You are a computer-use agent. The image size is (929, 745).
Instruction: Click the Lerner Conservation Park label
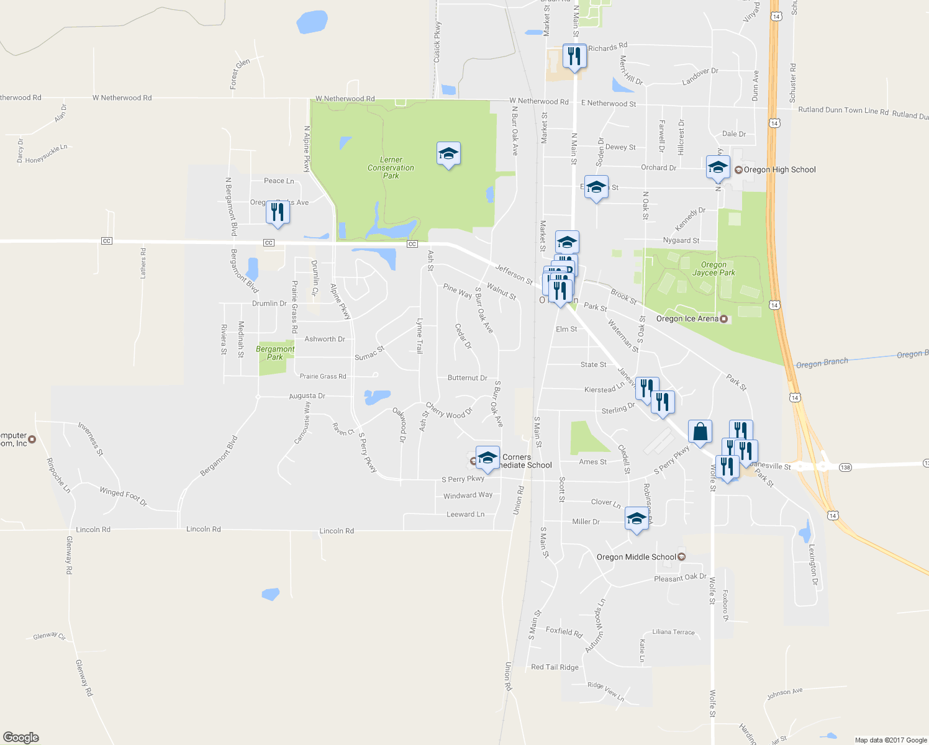(x=391, y=168)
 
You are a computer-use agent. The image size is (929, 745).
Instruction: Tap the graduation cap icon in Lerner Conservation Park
(x=448, y=154)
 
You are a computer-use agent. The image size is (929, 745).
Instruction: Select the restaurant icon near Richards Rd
(x=574, y=56)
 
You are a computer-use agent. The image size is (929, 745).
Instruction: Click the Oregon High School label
(x=779, y=169)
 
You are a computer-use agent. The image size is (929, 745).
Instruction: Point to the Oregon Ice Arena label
(x=687, y=318)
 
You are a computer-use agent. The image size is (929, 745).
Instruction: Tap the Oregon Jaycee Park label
(x=714, y=269)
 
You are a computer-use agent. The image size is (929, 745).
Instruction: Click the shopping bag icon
(x=700, y=431)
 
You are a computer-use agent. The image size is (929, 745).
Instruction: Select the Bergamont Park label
(x=275, y=353)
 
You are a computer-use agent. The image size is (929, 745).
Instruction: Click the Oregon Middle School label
(x=636, y=557)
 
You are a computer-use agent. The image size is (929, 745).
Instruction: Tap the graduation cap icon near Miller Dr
(x=637, y=519)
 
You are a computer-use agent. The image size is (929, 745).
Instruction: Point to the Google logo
(x=21, y=737)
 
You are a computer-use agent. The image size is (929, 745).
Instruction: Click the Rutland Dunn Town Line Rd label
(x=843, y=111)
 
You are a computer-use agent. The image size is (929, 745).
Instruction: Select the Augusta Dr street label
(x=307, y=395)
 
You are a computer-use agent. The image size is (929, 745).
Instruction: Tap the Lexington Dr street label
(x=813, y=564)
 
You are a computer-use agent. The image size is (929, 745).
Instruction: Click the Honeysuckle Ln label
(x=46, y=153)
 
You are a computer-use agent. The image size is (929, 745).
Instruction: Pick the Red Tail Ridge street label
(x=555, y=667)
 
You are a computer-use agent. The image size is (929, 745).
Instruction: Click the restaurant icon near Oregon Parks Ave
(x=277, y=212)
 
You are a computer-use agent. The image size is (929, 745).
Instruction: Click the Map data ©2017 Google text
(x=890, y=739)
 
